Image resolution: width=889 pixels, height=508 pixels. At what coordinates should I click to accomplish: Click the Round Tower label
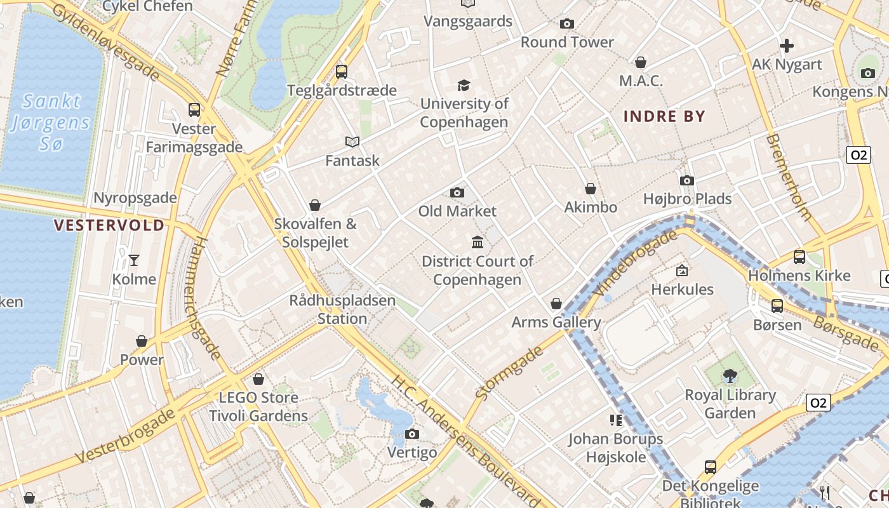pyautogui.click(x=567, y=43)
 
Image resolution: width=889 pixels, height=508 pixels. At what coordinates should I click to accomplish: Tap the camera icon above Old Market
pyautogui.click(x=457, y=192)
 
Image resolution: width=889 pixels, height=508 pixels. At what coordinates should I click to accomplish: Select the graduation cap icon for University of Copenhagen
pyautogui.click(x=464, y=85)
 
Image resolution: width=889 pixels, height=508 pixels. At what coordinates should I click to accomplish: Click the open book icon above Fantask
pyautogui.click(x=352, y=142)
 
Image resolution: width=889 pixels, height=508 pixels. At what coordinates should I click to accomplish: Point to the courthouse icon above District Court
pyautogui.click(x=478, y=242)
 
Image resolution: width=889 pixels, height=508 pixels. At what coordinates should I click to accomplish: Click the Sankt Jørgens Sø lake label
pyautogui.click(x=51, y=122)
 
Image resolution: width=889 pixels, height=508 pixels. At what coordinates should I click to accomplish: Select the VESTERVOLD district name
pyautogui.click(x=109, y=225)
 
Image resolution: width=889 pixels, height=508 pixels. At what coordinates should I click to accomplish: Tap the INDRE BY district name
pyautogui.click(x=664, y=116)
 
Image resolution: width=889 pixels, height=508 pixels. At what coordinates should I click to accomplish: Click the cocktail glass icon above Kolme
pyautogui.click(x=134, y=260)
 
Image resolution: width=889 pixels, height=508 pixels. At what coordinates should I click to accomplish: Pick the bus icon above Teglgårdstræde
pyautogui.click(x=342, y=71)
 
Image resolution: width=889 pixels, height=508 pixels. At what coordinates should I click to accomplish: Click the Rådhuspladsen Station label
pyautogui.click(x=342, y=309)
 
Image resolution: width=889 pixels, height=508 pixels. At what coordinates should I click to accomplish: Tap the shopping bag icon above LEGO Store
pyautogui.click(x=258, y=379)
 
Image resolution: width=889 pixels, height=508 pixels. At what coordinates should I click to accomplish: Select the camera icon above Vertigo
pyautogui.click(x=412, y=434)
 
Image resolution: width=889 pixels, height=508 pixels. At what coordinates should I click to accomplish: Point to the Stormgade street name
pyautogui.click(x=510, y=373)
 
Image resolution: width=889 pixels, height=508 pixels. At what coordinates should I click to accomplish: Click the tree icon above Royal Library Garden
pyautogui.click(x=730, y=376)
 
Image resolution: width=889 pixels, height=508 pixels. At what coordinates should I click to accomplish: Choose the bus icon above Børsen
pyautogui.click(x=777, y=305)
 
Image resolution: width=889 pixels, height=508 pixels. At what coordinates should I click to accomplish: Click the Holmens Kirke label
pyautogui.click(x=799, y=276)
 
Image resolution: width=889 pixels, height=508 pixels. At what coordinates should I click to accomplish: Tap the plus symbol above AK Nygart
pyautogui.click(x=787, y=46)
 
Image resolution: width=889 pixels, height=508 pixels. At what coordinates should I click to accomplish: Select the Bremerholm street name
pyautogui.click(x=789, y=177)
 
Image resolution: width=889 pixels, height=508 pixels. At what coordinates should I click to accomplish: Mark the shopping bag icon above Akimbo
pyautogui.click(x=591, y=189)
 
